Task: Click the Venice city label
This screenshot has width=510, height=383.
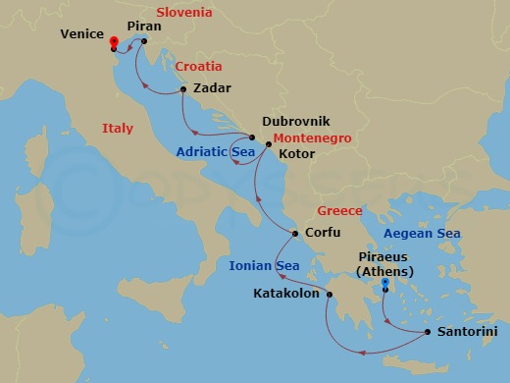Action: pyautogui.click(x=81, y=33)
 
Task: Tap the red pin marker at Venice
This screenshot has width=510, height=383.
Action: pyautogui.click(x=115, y=42)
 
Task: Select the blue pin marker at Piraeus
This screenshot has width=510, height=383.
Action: pyautogui.click(x=385, y=284)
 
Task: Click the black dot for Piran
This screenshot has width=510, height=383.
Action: pyautogui.click(x=144, y=41)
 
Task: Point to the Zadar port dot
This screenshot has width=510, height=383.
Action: pyautogui.click(x=183, y=90)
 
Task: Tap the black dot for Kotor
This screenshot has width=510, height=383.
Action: pyautogui.click(x=269, y=144)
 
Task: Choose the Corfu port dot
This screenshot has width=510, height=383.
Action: pyautogui.click(x=295, y=234)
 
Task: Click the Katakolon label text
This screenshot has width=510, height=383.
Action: pyautogui.click(x=287, y=293)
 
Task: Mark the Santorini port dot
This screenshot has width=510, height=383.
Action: pyautogui.click(x=429, y=332)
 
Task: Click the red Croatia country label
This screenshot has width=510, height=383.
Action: pyautogui.click(x=199, y=67)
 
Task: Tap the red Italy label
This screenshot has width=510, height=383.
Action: pyautogui.click(x=117, y=129)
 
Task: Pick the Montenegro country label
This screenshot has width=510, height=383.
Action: pyautogui.click(x=312, y=138)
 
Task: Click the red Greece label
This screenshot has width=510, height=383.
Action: pyautogui.click(x=340, y=211)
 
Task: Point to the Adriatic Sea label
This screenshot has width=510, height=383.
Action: pyautogui.click(x=216, y=152)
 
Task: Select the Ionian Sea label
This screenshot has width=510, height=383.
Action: pyautogui.click(x=264, y=265)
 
